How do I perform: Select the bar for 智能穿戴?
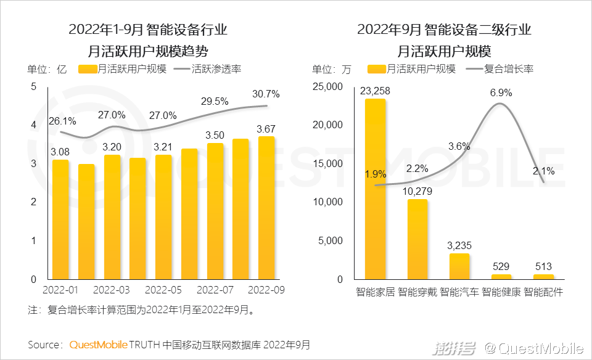[x=417, y=239]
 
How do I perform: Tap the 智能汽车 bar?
[x=459, y=266]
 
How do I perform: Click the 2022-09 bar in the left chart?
[x=266, y=208]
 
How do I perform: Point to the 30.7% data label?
[x=266, y=94]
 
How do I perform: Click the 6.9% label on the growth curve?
[x=501, y=93]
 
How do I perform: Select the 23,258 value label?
[x=375, y=91]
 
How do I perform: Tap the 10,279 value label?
[x=417, y=192]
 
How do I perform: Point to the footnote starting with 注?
[x=141, y=311]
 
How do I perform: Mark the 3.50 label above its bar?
[x=215, y=135]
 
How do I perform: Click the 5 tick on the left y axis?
[x=33, y=87]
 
